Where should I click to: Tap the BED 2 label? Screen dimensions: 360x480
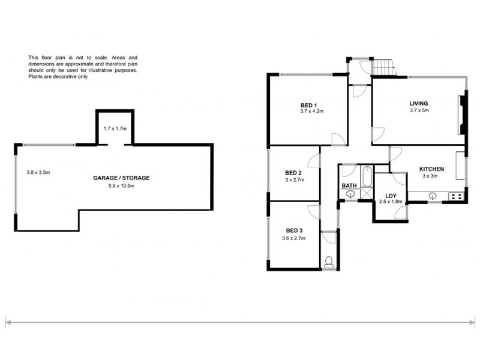293,173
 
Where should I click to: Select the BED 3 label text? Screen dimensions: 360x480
295,230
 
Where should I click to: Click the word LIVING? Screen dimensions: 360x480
419,103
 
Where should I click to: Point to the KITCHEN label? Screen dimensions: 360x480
431,169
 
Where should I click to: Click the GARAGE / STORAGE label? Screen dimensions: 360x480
121,178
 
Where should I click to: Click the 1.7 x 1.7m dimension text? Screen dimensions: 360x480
115,129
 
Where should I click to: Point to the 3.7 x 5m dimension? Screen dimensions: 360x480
419,110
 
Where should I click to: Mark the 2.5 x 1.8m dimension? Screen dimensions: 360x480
390,202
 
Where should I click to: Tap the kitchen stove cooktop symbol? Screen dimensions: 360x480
455,196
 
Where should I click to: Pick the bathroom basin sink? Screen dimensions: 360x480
349,194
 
